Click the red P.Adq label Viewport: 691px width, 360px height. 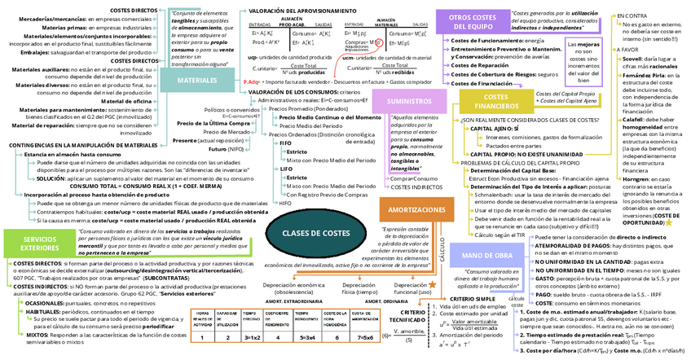(x=252, y=83)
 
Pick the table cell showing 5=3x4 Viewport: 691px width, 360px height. (x=309, y=336)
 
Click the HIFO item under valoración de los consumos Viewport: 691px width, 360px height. (x=284, y=203)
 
